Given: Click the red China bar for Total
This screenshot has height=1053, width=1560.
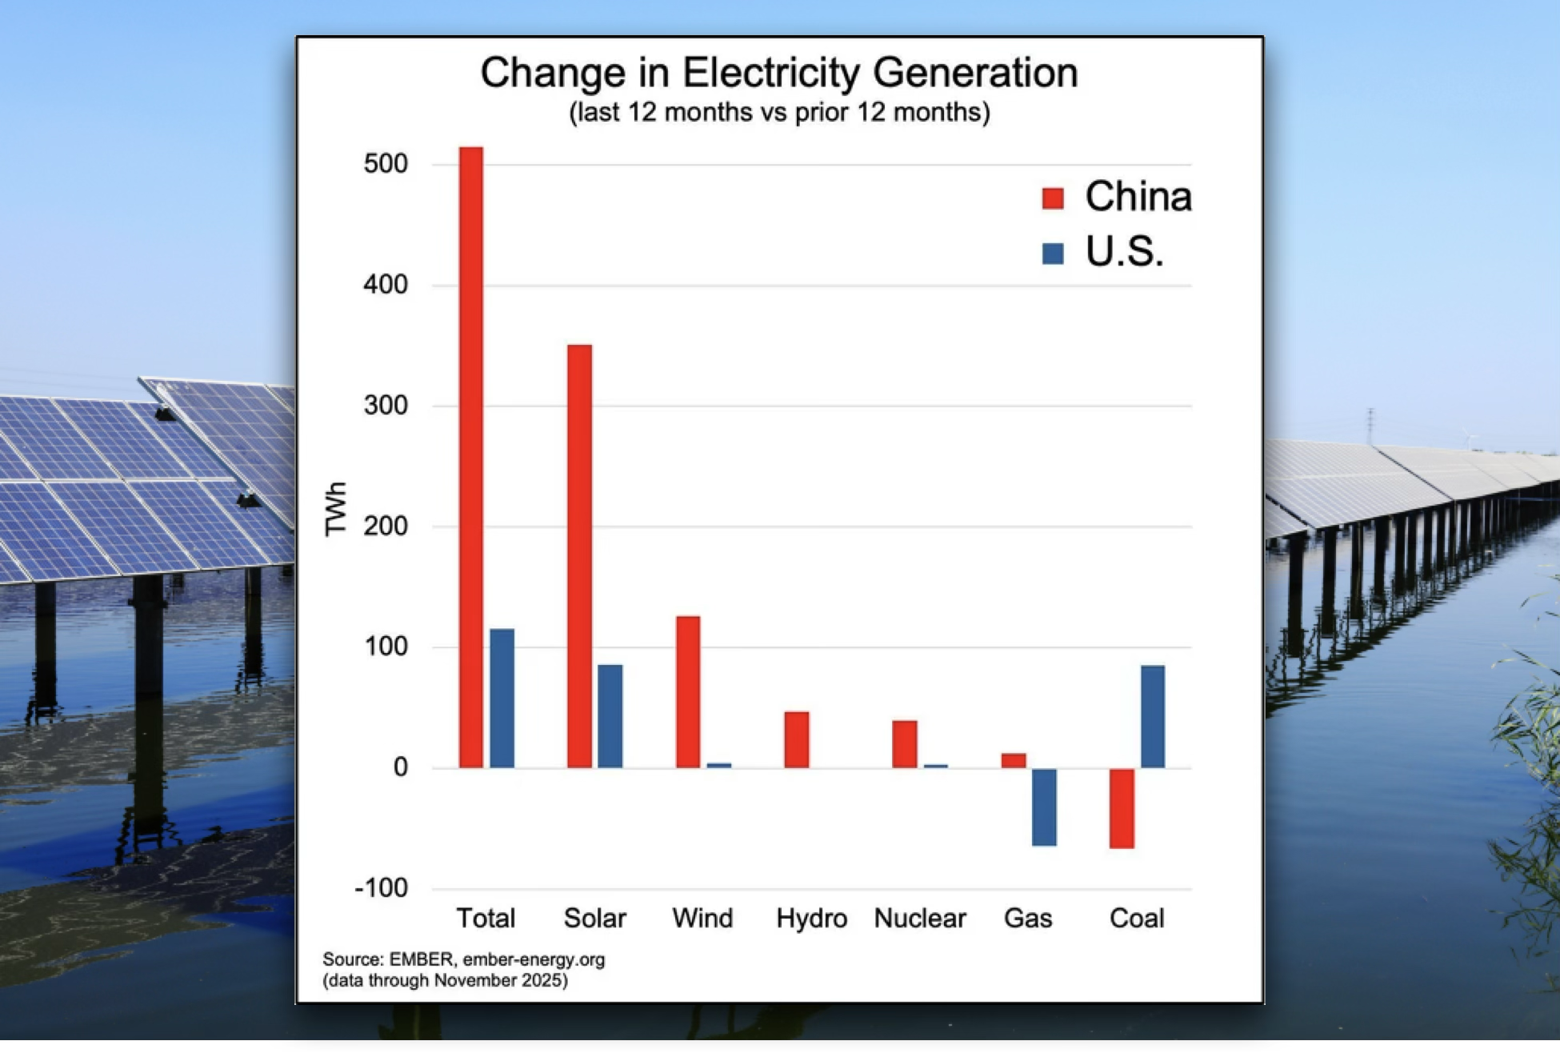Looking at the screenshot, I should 470,456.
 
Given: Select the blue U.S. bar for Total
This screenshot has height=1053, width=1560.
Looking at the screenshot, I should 502,698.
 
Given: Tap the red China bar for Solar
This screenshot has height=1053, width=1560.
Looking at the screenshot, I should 579,556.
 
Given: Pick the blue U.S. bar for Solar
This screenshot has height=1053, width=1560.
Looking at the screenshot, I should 610,716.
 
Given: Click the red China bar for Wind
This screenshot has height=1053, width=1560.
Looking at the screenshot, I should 688,691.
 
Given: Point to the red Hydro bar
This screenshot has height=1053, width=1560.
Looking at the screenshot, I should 796,739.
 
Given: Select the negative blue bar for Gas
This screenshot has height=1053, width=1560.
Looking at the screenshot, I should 1044,807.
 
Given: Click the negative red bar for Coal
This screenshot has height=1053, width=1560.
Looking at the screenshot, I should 1122,808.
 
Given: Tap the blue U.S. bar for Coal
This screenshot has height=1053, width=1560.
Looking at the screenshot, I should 1153,716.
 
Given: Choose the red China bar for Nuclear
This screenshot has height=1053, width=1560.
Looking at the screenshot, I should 905,744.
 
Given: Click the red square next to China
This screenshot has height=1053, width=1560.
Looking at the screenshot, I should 1053,198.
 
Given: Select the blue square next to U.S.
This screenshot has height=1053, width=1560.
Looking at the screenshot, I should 1053,254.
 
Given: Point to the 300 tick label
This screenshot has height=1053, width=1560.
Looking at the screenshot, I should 386,406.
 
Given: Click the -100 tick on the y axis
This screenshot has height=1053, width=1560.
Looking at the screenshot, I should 382,888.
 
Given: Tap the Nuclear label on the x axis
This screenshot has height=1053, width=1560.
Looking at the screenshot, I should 920,918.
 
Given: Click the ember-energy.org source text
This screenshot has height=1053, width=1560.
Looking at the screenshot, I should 534,959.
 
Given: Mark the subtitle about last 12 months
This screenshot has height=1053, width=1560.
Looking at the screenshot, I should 779,112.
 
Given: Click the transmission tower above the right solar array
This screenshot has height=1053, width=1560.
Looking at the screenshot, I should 1370,426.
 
